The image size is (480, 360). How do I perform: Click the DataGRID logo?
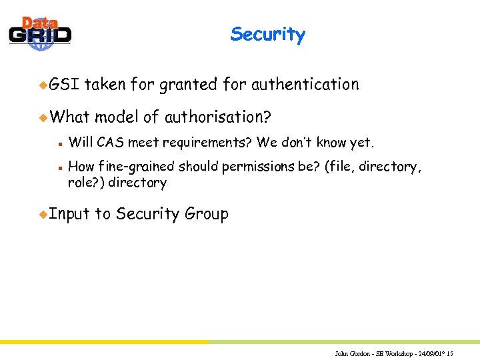(40, 33)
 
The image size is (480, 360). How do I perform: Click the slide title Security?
(267, 35)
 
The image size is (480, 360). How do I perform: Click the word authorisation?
(217, 117)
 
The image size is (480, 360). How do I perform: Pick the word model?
(116, 117)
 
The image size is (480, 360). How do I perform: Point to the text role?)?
(87, 182)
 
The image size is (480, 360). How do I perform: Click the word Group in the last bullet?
(207, 214)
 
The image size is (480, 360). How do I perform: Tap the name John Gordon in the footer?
(351, 353)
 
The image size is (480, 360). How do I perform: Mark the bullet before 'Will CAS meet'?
(60, 142)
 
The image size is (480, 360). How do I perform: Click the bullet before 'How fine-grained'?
(60, 167)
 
